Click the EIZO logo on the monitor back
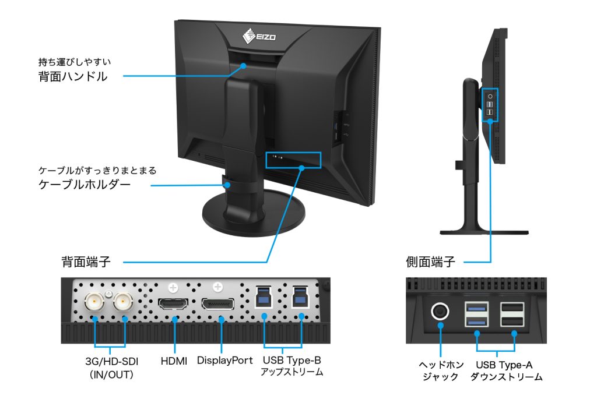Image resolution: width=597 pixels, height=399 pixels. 259,37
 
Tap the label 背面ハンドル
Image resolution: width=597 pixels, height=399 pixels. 73,76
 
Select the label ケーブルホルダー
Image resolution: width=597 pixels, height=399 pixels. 84,185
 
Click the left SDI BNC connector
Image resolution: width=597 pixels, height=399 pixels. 94,301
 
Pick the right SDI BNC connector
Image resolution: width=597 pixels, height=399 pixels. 124,301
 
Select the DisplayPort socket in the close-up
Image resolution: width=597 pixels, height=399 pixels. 218,305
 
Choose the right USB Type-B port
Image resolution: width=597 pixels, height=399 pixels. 301,297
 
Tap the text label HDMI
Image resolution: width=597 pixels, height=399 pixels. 174,361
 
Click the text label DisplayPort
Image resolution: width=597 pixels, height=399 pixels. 224,361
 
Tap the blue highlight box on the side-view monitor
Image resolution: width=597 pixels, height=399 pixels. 491,105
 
